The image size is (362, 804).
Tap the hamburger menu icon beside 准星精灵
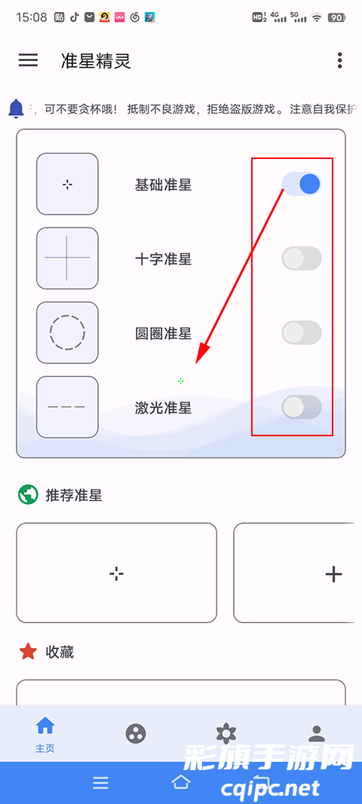[28, 60]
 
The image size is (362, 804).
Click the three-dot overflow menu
[340, 60]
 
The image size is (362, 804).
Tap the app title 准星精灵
[96, 61]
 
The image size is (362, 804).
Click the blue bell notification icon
[16, 109]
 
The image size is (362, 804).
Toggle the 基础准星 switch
[302, 184]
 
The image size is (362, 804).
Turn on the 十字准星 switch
[302, 258]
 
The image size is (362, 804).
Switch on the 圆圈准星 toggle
[302, 332]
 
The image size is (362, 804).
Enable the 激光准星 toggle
[302, 407]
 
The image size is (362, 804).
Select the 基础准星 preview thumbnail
[67, 184]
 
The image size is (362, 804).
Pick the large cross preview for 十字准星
[67, 258]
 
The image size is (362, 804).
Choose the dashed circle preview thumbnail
[67, 332]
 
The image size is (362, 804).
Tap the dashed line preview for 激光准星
[67, 407]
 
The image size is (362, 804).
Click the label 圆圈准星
[163, 333]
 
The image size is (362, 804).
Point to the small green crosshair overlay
[180, 381]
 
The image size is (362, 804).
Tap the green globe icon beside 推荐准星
[28, 495]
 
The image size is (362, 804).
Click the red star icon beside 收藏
[28, 652]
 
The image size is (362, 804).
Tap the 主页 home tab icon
[45, 726]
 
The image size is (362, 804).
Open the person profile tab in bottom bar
[317, 733]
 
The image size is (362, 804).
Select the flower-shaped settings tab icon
[225, 733]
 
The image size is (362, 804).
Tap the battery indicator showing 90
[336, 17]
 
